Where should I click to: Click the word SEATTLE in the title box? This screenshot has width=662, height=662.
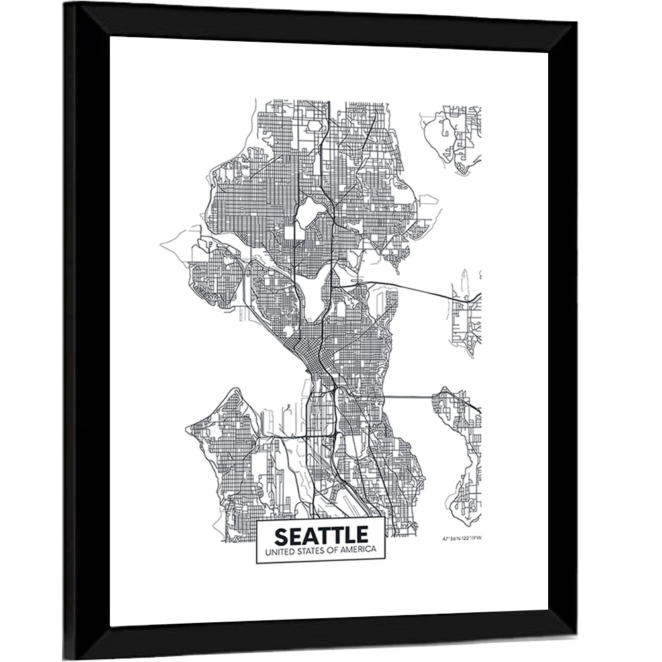pos(321,535)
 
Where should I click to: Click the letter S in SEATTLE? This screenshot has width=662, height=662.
pos(281,535)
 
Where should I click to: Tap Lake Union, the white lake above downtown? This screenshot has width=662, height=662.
pos(317,291)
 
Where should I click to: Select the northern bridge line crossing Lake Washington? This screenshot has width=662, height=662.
pos(410,289)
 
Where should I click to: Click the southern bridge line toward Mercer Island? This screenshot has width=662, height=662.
pos(407,397)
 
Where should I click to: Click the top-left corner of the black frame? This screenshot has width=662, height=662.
pos(66,4)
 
